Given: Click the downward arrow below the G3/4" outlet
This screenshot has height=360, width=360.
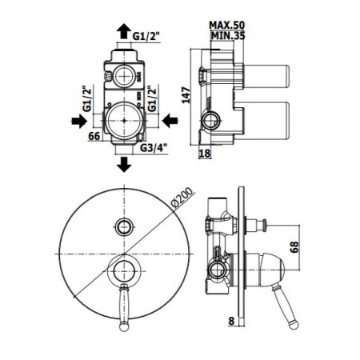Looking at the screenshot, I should (x=125, y=165).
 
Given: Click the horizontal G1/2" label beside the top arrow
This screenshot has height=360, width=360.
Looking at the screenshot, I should (x=149, y=35).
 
